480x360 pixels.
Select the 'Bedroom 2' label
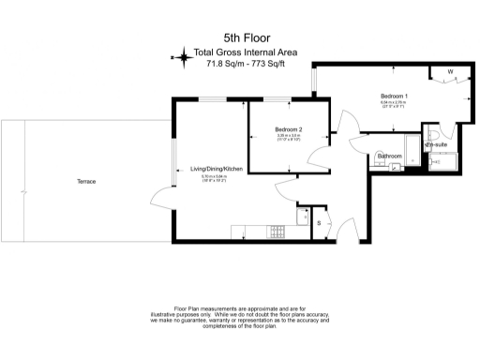pos(288,129)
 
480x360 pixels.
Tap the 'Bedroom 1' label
pos(394,96)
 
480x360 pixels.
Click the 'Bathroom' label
pos(389,156)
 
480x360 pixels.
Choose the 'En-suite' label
pos(434,145)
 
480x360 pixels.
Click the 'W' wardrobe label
pos(451,72)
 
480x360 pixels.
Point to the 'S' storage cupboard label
pos(319,222)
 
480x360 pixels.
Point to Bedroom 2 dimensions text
pos(288,138)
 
